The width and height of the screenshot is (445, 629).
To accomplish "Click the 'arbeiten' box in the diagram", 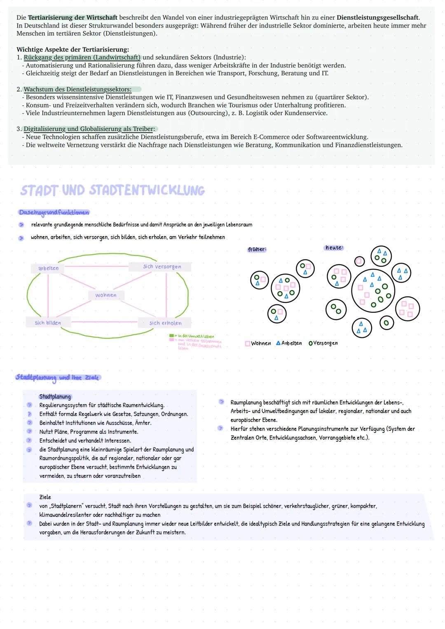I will [x=48, y=268].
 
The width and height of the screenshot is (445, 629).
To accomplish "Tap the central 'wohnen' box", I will [x=106, y=295].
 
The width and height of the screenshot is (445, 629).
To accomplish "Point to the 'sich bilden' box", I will [x=48, y=323].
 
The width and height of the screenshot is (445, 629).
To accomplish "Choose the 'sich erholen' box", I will [x=165, y=323].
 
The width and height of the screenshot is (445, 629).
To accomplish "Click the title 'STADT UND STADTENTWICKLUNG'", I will [x=112, y=190].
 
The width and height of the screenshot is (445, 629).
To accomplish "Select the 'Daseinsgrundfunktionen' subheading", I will [x=54, y=213].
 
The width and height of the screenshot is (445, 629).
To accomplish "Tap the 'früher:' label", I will [x=257, y=249].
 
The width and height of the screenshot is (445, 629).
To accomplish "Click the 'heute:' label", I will [x=334, y=248].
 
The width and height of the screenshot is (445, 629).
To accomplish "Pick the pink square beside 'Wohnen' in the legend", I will [x=248, y=344].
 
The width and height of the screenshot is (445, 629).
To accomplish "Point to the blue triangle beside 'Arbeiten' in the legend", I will [x=279, y=343].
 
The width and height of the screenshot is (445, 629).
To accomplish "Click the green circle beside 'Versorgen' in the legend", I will [x=310, y=343].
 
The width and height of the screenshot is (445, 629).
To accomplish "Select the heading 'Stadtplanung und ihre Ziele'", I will [x=57, y=377].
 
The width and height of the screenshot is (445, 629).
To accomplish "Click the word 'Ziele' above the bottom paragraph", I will [x=45, y=497].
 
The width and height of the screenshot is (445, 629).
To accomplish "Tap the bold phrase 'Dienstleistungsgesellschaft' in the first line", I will [x=377, y=18].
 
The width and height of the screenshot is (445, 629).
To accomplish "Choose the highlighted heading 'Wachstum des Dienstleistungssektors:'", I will [x=78, y=89].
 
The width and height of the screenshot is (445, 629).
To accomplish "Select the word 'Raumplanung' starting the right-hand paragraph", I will [x=246, y=402].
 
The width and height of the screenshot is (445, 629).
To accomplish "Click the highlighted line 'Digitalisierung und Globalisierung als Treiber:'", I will [x=89, y=129].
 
